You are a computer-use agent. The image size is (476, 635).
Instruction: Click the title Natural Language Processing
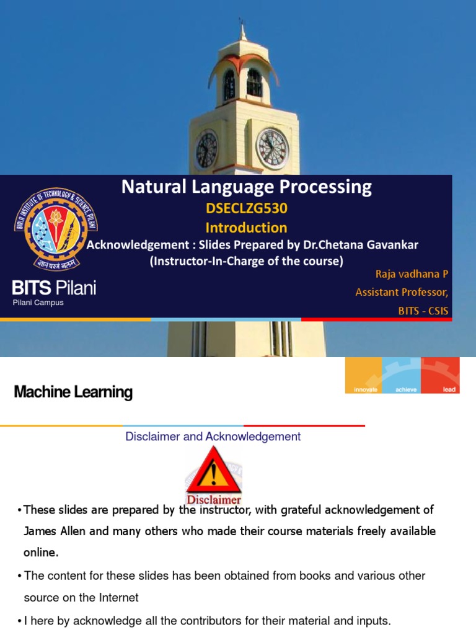click(247, 187)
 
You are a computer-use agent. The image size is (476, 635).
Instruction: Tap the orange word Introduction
click(247, 228)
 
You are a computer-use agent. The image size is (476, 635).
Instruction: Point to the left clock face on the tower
click(207, 149)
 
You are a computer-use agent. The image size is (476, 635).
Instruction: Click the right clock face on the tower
click(273, 149)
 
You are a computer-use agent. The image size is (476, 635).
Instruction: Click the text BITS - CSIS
click(423, 311)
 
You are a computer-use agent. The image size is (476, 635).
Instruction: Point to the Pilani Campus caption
click(38, 303)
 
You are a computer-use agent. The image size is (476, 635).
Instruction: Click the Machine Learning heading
click(73, 392)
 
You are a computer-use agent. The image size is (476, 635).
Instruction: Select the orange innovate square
click(364, 376)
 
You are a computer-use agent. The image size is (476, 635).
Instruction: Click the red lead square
click(441, 376)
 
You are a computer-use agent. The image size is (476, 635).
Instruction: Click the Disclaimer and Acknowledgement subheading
click(213, 437)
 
